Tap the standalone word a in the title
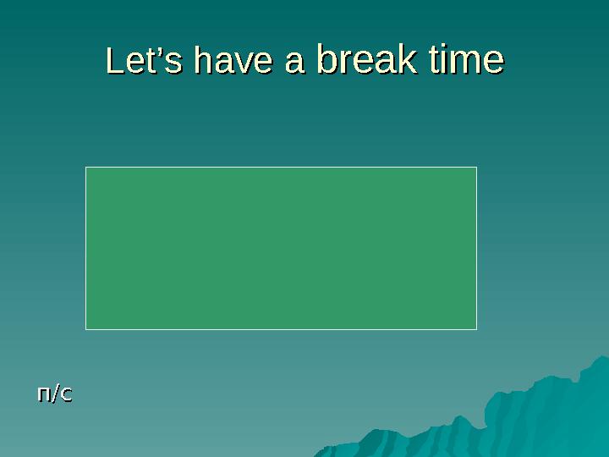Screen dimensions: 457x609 point(295,63)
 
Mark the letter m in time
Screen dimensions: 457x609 point(470,63)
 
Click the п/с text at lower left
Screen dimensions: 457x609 point(54,394)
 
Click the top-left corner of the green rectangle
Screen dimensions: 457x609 point(86,168)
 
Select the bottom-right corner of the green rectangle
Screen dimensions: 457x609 point(476,328)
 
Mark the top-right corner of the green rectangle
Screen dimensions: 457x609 point(476,168)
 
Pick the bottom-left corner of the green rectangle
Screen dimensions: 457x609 point(86,328)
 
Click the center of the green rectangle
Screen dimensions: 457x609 point(282,248)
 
